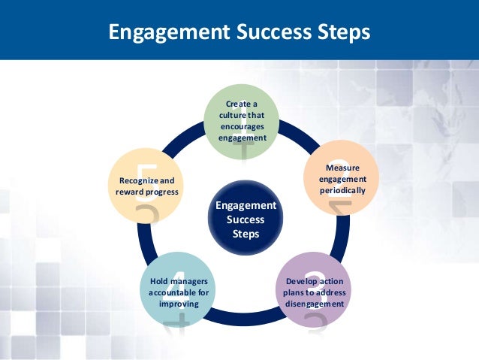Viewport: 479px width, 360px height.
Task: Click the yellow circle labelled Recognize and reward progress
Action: (x=147, y=186)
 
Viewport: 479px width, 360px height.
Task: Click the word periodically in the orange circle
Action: (x=342, y=191)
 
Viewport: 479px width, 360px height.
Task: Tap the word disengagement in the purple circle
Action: (x=315, y=304)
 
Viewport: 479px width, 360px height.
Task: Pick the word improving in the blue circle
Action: (x=178, y=304)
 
